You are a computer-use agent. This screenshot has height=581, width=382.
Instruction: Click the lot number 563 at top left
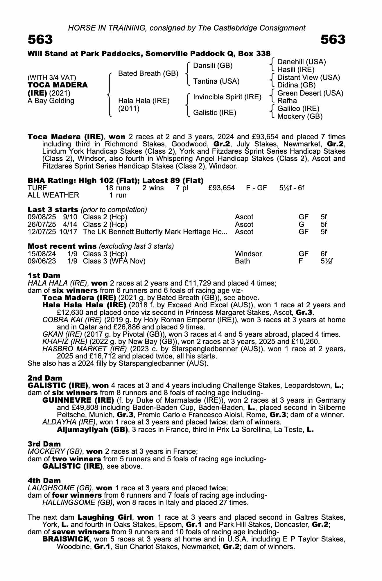coord(40,40)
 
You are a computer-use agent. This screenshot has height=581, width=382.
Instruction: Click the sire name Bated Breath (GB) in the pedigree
coord(148,73)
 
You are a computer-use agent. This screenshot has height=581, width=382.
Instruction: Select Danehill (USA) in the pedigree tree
coord(302,62)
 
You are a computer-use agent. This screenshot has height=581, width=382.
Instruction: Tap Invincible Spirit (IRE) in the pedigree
coord(227,97)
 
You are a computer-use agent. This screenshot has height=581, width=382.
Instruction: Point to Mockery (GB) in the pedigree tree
coord(300,116)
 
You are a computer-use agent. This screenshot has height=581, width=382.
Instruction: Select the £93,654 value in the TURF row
coord(221,188)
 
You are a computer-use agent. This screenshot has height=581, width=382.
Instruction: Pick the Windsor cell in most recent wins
coord(248,254)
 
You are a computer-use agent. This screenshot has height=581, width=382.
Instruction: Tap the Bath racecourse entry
coord(242,261)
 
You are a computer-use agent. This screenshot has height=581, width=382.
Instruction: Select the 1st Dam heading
coord(44,275)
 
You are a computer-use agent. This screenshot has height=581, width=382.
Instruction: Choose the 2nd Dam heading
coord(45,378)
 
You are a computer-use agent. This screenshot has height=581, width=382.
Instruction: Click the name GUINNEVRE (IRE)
coord(78,400)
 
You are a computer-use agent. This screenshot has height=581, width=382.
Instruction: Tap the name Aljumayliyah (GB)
coord(92,429)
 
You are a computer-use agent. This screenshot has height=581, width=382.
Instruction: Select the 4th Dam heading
coord(44,480)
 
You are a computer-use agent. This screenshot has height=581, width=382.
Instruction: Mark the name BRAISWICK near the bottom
coord(65,539)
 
